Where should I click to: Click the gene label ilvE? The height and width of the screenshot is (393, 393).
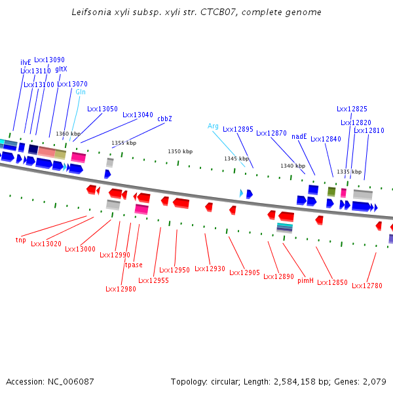(x=26, y=62)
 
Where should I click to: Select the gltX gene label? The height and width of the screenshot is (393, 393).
(x=61, y=69)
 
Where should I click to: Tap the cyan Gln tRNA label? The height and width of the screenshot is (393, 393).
(x=81, y=92)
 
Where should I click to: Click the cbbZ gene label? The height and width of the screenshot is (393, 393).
(x=164, y=119)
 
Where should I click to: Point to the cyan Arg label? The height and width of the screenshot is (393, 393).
(x=213, y=126)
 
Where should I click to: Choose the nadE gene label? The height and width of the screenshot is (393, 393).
(x=299, y=136)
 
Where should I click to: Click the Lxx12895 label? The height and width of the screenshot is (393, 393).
(x=238, y=129)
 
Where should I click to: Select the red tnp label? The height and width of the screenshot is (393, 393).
(x=21, y=240)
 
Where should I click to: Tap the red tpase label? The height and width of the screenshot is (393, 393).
(x=134, y=265)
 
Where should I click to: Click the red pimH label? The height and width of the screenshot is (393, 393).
(x=305, y=280)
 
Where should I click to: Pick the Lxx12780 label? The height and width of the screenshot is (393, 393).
(x=367, y=286)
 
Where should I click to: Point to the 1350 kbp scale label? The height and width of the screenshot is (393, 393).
(x=180, y=151)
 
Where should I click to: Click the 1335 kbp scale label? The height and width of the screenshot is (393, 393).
(x=349, y=172)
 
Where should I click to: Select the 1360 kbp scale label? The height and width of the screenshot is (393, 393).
(x=68, y=134)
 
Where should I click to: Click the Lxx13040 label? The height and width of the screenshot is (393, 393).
(x=138, y=115)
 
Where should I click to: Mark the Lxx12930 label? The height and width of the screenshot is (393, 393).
(x=210, y=269)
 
